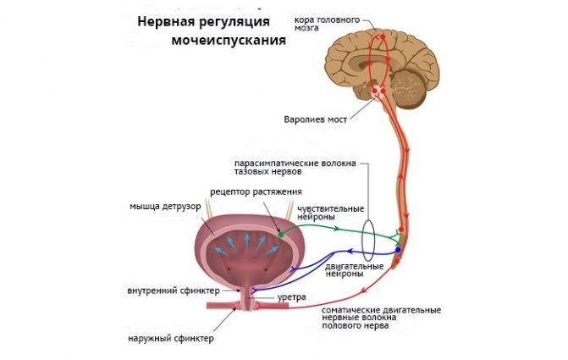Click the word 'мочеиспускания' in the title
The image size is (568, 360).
coord(229,41)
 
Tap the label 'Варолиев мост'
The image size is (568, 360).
coord(315,119)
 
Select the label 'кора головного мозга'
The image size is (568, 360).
coord(327,24)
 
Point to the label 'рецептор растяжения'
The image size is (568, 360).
coord(256,191)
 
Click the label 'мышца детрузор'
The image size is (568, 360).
coord(165,207)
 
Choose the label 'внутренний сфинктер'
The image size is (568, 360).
coord(174,291)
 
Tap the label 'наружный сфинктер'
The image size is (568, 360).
coord(171,339)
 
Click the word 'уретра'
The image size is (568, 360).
coord(291,297)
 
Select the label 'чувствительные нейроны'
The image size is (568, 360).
coord(330,213)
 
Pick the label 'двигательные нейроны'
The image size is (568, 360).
coord(354,270)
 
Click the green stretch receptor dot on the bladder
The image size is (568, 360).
coord(280,235)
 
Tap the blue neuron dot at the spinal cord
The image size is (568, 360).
coord(398,250)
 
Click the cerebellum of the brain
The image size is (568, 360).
coord(408,89)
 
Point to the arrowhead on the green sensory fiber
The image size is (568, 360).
coord(337,229)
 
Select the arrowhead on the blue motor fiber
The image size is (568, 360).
coord(350,251)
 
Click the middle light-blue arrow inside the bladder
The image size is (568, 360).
coord(246,241)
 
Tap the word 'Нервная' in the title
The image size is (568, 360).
coord(166,21)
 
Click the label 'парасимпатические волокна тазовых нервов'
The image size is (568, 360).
coord(295,167)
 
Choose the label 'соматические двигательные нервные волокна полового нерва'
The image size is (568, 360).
coord(381,318)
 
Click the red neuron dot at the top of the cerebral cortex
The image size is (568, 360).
coord(383,37)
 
